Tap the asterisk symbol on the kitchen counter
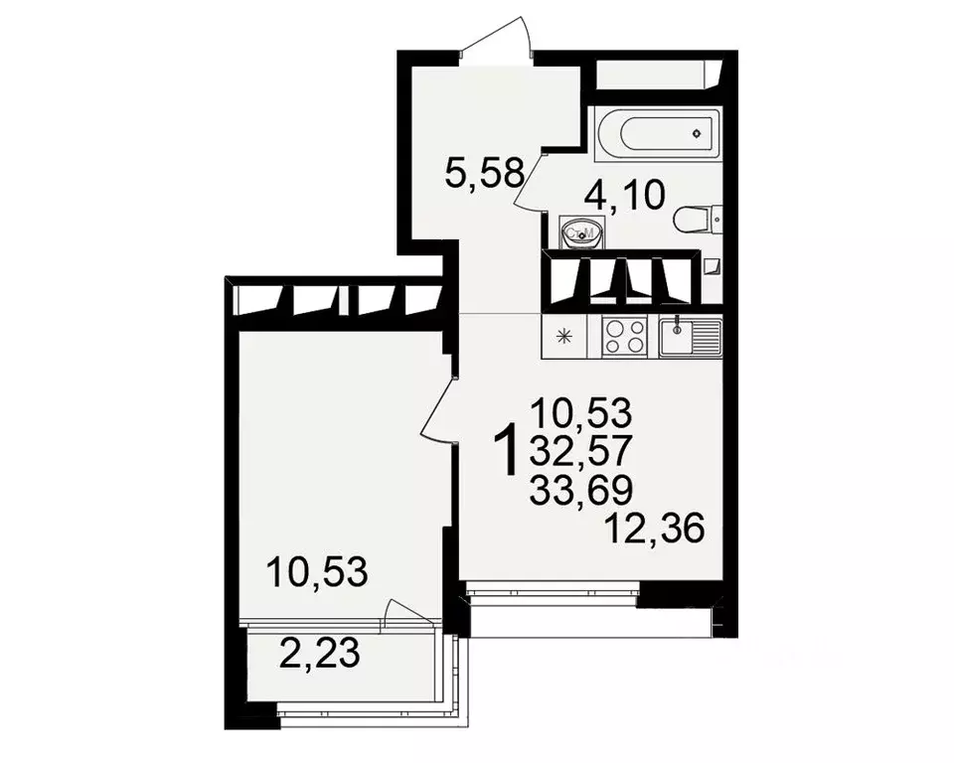coord(566,337)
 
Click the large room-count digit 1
coord(508,450)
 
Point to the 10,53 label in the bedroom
coord(318,572)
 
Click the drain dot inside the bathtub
coord(698,132)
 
